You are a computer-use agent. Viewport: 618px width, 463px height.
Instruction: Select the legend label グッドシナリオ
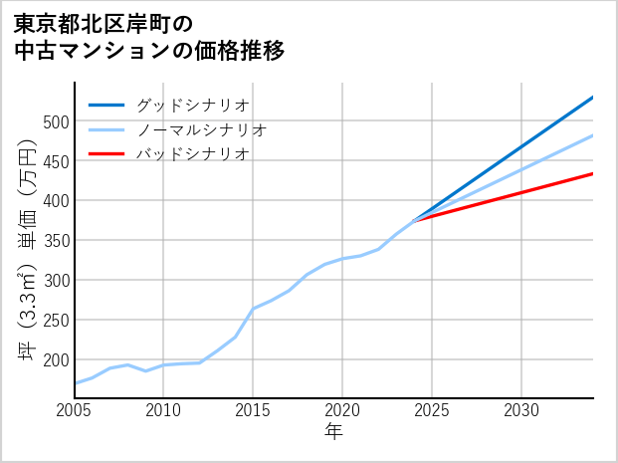[x=192, y=105]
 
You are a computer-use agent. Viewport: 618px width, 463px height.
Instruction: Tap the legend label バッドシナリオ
[x=192, y=154]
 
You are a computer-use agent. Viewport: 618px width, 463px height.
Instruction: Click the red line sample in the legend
[x=106, y=154]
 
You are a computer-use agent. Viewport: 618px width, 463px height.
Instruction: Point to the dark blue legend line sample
[x=106, y=105]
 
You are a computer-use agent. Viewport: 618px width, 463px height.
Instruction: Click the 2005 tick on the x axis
[x=75, y=410]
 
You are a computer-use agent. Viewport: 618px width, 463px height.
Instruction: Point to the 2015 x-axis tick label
[x=253, y=410]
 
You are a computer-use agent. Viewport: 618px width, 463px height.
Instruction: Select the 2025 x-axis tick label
[x=432, y=410]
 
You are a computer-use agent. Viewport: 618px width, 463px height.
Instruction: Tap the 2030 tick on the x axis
[x=521, y=410]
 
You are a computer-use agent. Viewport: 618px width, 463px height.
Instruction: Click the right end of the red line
[x=593, y=173]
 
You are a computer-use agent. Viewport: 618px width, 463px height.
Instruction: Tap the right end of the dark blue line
[x=593, y=97]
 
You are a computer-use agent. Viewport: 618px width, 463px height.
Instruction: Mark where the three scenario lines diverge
[x=414, y=220]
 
